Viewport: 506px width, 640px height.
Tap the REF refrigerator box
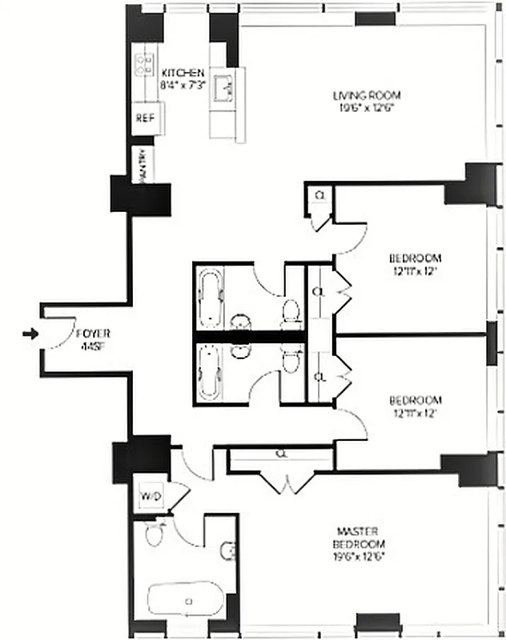[144, 117]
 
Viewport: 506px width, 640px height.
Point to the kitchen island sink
[224, 85]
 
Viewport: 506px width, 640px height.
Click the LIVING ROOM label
[367, 96]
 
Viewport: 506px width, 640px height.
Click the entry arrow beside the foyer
[30, 334]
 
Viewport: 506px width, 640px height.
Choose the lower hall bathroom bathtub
[210, 372]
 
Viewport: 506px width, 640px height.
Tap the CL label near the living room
[319, 194]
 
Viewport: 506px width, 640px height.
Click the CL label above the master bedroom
[281, 453]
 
